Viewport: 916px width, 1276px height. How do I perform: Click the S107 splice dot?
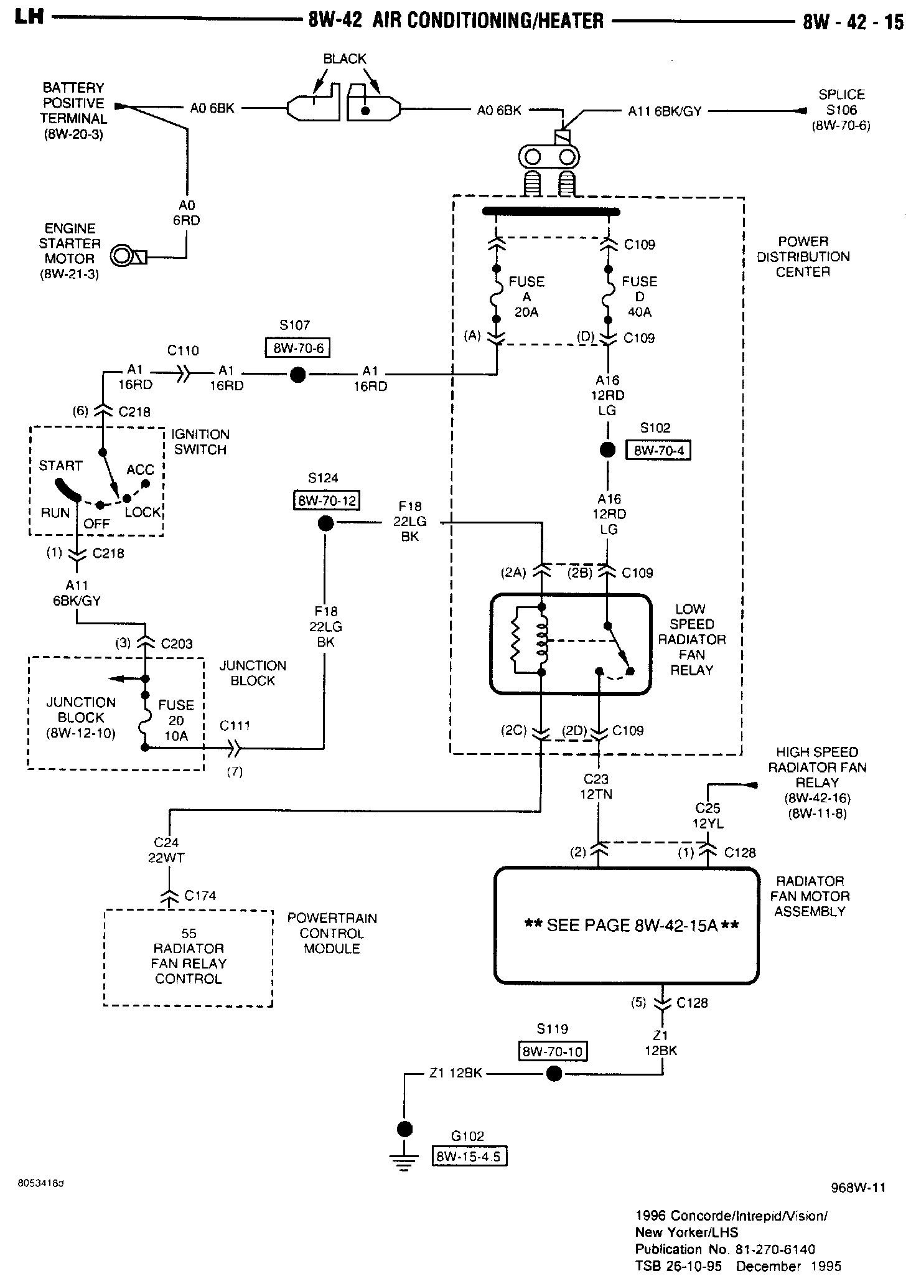(x=297, y=375)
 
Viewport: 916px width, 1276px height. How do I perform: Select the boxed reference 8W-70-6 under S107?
(x=297, y=348)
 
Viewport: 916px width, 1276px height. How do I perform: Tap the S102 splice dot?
(x=607, y=450)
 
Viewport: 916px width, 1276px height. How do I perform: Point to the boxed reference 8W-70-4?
(x=658, y=450)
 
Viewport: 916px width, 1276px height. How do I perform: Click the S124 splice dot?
(x=325, y=523)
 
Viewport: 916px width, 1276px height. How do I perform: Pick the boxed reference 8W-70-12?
(x=327, y=500)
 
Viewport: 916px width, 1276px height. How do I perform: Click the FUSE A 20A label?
(x=526, y=297)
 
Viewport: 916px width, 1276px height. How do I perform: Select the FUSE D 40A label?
(x=639, y=297)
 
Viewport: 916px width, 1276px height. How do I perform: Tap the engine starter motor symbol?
(x=128, y=256)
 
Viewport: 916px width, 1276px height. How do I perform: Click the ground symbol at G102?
(x=404, y=1162)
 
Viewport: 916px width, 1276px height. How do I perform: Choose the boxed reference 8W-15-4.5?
(x=469, y=1156)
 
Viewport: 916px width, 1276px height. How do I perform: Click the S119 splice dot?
(x=553, y=1074)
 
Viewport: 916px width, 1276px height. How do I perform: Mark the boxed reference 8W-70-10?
(x=553, y=1051)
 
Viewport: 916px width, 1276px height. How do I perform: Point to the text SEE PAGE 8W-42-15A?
(x=632, y=926)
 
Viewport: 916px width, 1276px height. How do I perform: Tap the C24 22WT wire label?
(x=166, y=850)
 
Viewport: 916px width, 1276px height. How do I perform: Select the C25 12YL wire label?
(x=708, y=815)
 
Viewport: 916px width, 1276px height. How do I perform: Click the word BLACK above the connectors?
(x=345, y=59)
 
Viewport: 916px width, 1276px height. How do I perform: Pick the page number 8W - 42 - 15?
(x=853, y=22)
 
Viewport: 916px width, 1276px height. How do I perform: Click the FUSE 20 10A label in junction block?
(x=176, y=720)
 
